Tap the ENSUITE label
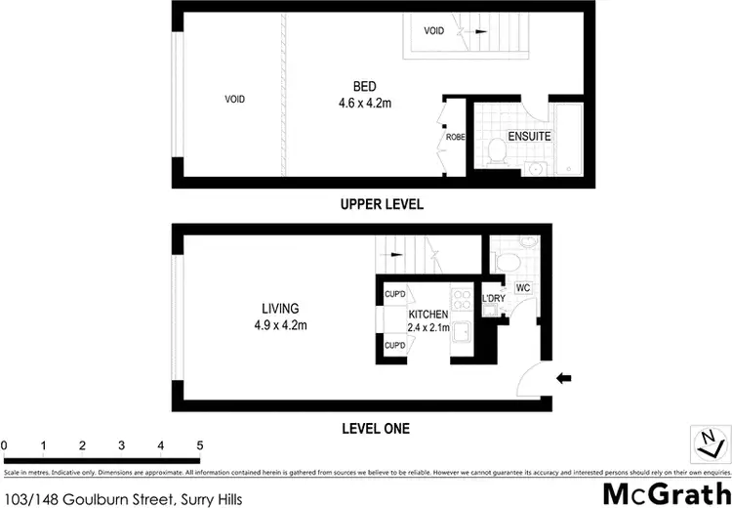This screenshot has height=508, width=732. coord(529,137)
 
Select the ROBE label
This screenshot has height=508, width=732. coord(455,138)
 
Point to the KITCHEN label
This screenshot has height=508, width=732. coord(428,315)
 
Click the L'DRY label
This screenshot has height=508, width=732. coord(493,299)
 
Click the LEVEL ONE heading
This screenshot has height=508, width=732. coord(375,428)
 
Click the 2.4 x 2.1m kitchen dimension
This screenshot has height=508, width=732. coord(428,327)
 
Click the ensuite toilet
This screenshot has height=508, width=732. coord(496,149)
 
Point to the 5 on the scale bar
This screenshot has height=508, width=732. coord(199,445)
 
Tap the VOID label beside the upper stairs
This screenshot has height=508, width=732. coord(433,30)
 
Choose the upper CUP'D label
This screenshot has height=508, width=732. coord(394,294)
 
